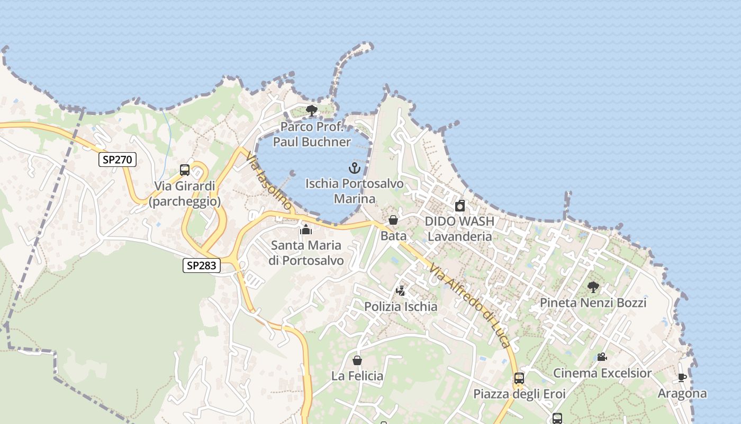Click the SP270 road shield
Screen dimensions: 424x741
[118, 160]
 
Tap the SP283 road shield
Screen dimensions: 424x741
[202, 266]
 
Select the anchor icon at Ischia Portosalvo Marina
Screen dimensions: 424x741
[354, 169]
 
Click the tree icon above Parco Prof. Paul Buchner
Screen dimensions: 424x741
[312, 111]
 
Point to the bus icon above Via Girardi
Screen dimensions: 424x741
[185, 170]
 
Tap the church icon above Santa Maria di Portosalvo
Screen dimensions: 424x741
[305, 229]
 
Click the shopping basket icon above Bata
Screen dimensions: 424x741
[393, 220]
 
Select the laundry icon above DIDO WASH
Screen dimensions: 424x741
[460, 206]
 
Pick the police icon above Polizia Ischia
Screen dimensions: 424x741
[401, 291]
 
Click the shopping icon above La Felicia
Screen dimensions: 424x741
[357, 360]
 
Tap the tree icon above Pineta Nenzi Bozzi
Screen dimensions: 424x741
[593, 287]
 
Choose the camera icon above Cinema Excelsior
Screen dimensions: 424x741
[602, 357]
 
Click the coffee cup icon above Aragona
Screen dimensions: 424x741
[682, 378]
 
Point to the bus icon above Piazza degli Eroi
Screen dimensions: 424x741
[519, 378]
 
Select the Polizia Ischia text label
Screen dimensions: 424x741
[401, 306]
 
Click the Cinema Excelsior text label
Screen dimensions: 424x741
[602, 373]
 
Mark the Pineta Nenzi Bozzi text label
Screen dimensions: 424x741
[593, 303]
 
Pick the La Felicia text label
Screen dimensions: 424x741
[357, 376]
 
